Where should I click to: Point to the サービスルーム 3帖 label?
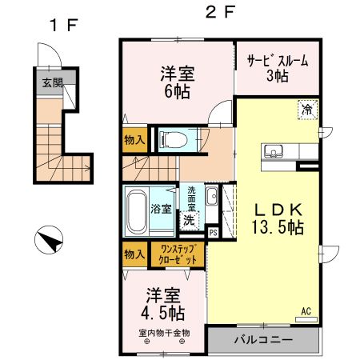[x=277, y=68]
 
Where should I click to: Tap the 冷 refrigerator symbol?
[x=307, y=110]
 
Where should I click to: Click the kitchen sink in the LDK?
[x=273, y=151]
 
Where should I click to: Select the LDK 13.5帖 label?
[x=278, y=217]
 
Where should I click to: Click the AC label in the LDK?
[x=306, y=311]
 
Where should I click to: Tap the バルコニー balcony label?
[x=262, y=340]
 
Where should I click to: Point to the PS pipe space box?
[x=213, y=232]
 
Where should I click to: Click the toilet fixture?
[x=171, y=139]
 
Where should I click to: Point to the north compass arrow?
[x=50, y=240]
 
